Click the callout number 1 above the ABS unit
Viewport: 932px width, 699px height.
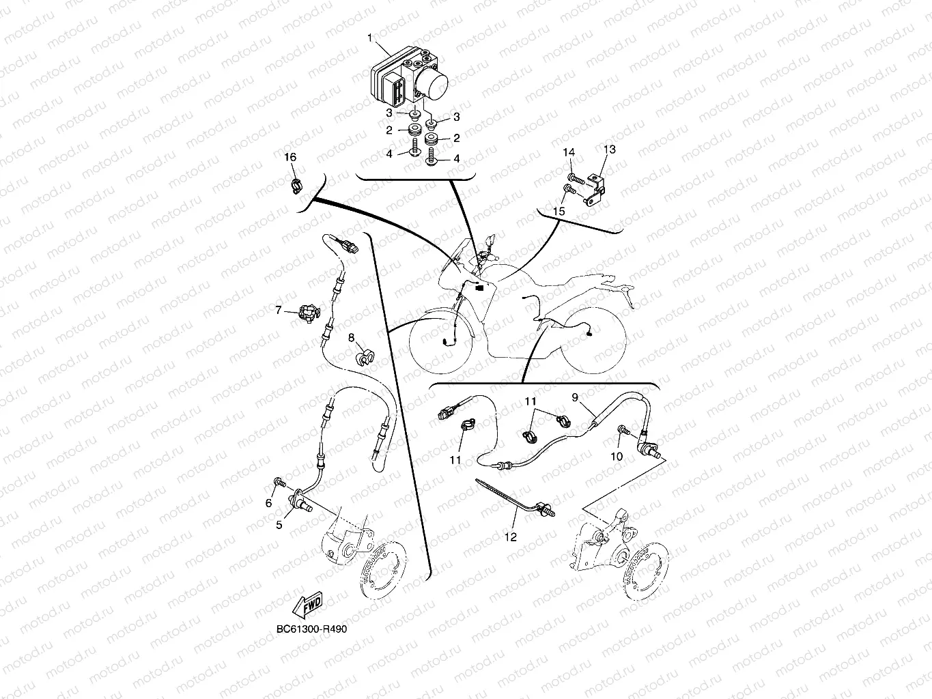click(369, 38)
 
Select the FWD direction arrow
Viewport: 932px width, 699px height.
click(308, 605)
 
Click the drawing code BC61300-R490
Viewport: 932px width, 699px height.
click(311, 629)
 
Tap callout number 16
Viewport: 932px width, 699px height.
click(290, 157)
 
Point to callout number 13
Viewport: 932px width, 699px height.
click(609, 149)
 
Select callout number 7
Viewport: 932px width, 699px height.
click(279, 310)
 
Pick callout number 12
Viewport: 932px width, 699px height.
click(510, 537)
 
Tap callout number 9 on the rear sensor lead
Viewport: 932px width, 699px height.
click(575, 398)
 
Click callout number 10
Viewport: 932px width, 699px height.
click(617, 456)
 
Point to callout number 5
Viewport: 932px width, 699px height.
click(279, 524)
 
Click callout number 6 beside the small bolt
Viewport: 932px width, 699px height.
click(268, 503)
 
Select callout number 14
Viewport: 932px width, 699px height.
click(569, 152)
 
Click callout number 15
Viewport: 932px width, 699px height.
click(559, 211)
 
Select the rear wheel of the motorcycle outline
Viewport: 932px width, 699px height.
click(593, 342)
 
